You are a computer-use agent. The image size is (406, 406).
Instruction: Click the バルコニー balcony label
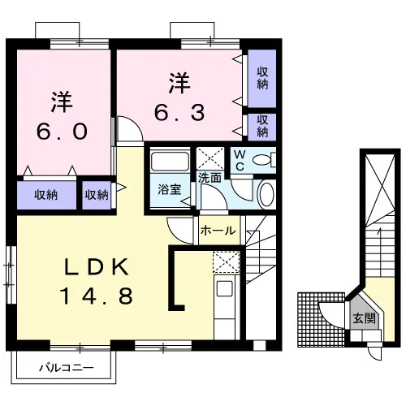coord(67,368)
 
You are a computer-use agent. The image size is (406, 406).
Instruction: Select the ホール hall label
coord(218,231)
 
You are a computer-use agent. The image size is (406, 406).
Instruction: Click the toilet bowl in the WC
coord(261,160)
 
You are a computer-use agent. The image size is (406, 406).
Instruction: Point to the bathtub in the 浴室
coord(170,162)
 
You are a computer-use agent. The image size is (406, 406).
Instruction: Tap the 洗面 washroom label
coord(209,178)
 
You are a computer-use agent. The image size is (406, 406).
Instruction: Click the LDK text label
coord(96,267)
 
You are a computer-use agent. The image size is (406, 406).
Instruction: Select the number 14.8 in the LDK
coord(96,296)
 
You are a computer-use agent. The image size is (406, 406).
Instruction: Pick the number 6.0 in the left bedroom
coord(62,132)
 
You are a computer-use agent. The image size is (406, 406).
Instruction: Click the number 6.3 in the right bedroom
coord(179,113)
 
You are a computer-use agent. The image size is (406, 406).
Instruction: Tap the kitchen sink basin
coord(224,288)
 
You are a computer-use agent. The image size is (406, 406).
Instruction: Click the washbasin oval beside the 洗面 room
coord(267,195)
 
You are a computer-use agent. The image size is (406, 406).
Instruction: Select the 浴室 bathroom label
coord(170,189)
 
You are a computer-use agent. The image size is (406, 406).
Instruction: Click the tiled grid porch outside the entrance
coord(321,319)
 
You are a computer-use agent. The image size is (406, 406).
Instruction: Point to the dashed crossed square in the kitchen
coord(227,262)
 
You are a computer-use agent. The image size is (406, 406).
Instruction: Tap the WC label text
coord(240,161)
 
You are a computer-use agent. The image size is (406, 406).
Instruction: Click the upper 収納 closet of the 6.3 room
coord(262,78)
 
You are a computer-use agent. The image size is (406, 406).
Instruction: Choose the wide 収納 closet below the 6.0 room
coord(46,195)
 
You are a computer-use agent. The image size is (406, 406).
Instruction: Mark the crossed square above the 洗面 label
coord(210,158)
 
